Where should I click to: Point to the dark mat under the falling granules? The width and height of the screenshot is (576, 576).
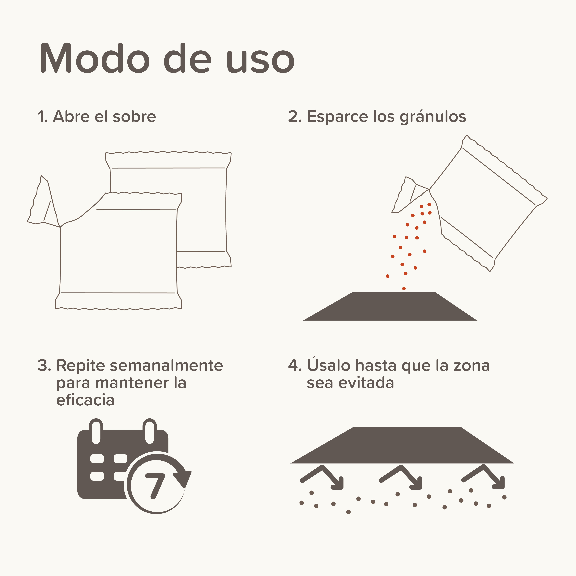click(390, 306)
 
